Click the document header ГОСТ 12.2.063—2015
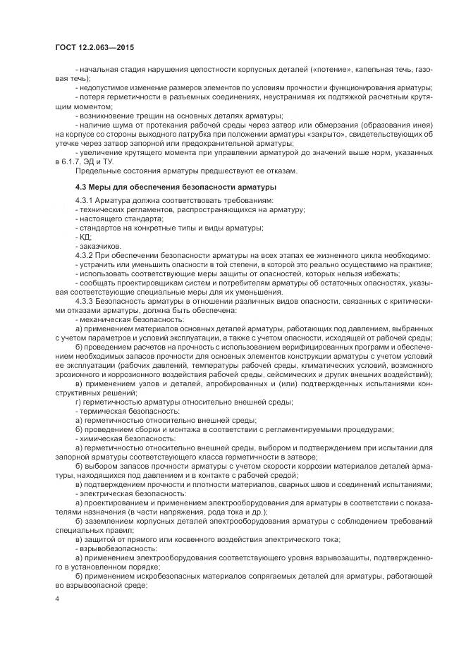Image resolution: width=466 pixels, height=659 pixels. tap(94, 47)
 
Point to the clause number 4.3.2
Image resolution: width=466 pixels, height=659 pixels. tap(87, 254)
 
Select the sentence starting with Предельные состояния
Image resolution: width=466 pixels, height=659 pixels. tap(188, 171)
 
